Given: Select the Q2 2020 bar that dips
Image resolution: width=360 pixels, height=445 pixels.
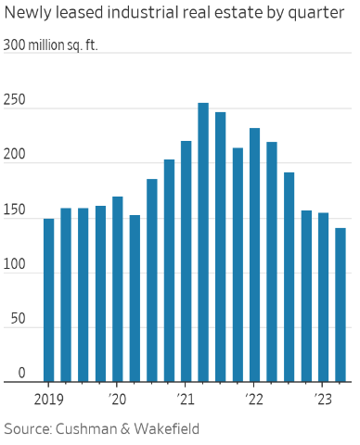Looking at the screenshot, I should (x=135, y=298).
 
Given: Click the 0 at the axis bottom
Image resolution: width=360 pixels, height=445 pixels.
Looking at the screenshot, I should (x=8, y=374).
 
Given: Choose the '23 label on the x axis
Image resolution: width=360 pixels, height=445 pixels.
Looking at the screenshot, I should (x=322, y=399).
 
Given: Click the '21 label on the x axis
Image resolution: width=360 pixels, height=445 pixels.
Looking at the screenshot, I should (x=185, y=399).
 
